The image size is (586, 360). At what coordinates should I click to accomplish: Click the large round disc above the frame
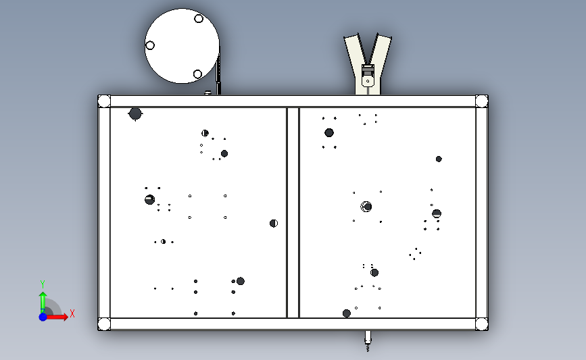(182, 46)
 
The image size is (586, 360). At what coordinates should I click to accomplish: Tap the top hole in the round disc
(199, 18)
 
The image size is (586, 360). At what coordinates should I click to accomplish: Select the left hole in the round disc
(150, 45)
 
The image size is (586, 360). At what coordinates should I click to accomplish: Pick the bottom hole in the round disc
(198, 74)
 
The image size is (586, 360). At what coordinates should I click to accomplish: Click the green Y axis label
(43, 284)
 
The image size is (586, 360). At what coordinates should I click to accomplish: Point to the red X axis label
(72, 313)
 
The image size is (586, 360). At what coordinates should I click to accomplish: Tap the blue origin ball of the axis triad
(43, 317)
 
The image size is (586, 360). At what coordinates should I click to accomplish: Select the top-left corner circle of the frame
(104, 101)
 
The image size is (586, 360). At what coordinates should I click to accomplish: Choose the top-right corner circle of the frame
(482, 101)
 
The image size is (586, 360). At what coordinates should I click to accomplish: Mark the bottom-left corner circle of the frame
(104, 324)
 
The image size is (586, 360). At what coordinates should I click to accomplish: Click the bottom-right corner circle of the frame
(482, 324)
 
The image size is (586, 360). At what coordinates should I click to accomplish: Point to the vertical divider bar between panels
(293, 213)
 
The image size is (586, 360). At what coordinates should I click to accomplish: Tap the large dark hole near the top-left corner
(135, 114)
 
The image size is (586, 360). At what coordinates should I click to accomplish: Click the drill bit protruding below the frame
(368, 341)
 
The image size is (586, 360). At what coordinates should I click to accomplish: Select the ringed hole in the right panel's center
(366, 207)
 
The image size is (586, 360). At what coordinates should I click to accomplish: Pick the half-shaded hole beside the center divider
(274, 224)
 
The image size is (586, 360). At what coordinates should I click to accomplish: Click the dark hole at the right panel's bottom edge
(347, 313)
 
